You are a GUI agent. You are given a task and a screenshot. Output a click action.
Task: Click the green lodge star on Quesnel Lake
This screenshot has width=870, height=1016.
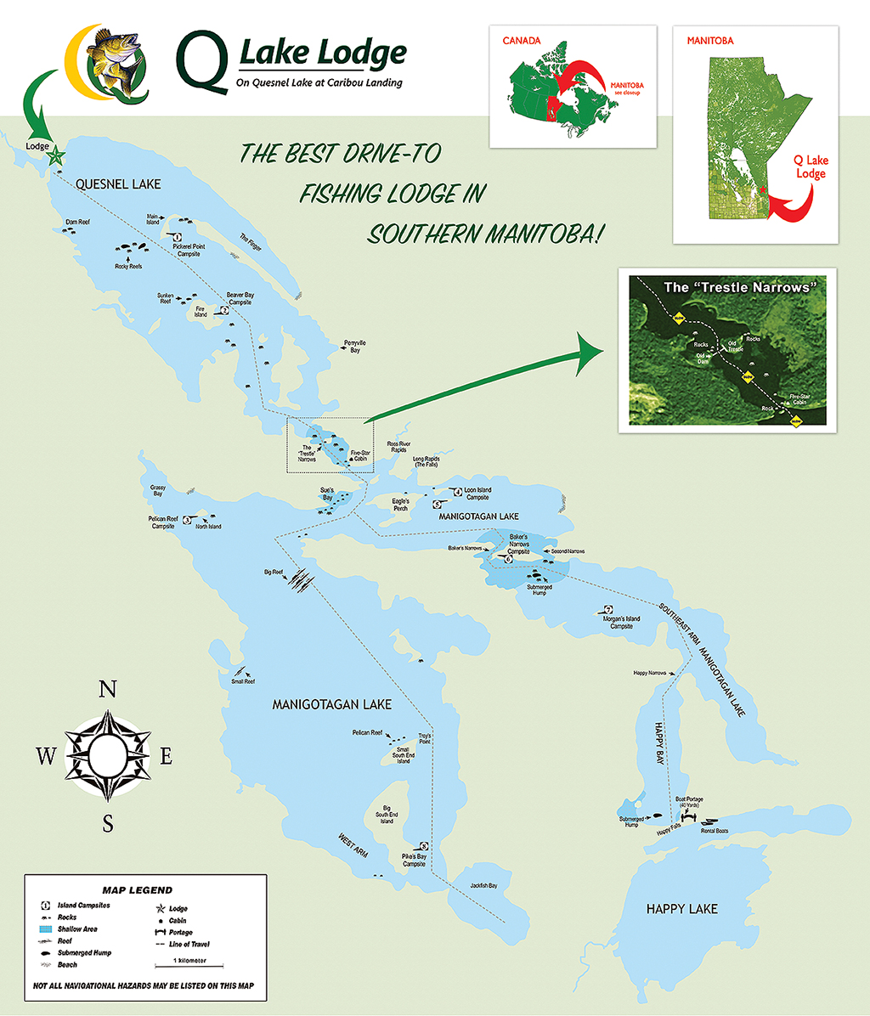point(57,155)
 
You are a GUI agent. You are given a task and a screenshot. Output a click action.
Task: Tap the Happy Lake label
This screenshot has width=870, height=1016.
point(681,909)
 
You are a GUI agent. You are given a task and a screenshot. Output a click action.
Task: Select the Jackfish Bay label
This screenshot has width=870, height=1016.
point(483,886)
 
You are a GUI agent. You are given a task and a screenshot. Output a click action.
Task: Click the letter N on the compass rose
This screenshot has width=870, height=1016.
point(108,690)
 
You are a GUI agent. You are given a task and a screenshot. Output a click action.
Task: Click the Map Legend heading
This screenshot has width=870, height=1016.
point(138,890)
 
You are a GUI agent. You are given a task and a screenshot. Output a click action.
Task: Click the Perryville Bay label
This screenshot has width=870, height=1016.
point(354,346)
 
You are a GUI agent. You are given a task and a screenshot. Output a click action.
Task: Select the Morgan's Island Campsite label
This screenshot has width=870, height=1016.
point(622,622)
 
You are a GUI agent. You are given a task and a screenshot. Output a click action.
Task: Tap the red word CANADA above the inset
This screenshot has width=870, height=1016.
point(521,40)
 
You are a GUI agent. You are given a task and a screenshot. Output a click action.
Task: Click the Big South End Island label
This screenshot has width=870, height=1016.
point(387,815)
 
